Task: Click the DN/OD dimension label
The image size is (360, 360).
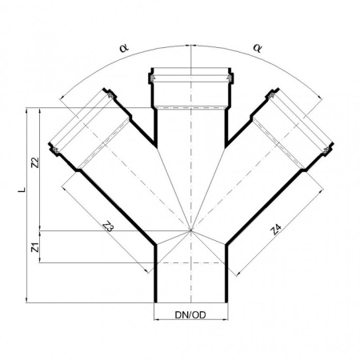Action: coord(190,315)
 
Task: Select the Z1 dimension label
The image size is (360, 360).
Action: coord(35,247)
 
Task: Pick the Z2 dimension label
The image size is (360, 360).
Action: coord(35,162)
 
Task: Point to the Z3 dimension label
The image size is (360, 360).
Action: coord(109,226)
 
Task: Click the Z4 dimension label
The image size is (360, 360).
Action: coord(276,230)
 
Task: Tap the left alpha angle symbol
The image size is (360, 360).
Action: coord(124,48)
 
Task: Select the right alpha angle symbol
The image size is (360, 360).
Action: coord(258,48)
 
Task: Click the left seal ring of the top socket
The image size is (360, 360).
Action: coord(153,78)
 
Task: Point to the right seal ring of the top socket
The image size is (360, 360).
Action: coord(229,78)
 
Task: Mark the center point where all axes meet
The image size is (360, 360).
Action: coord(190,230)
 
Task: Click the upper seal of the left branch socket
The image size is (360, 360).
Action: coord(110,95)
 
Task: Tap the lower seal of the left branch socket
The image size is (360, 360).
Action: coord(55,150)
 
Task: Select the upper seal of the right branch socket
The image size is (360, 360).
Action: coord(272,95)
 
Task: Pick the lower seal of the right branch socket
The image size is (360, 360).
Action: coord(326,150)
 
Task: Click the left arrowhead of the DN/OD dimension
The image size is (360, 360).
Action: coord(157,319)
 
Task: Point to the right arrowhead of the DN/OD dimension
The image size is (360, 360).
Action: coord(226,319)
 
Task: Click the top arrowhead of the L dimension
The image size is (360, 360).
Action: coord(26,110)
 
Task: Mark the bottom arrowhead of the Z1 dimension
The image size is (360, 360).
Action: coord(40,260)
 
